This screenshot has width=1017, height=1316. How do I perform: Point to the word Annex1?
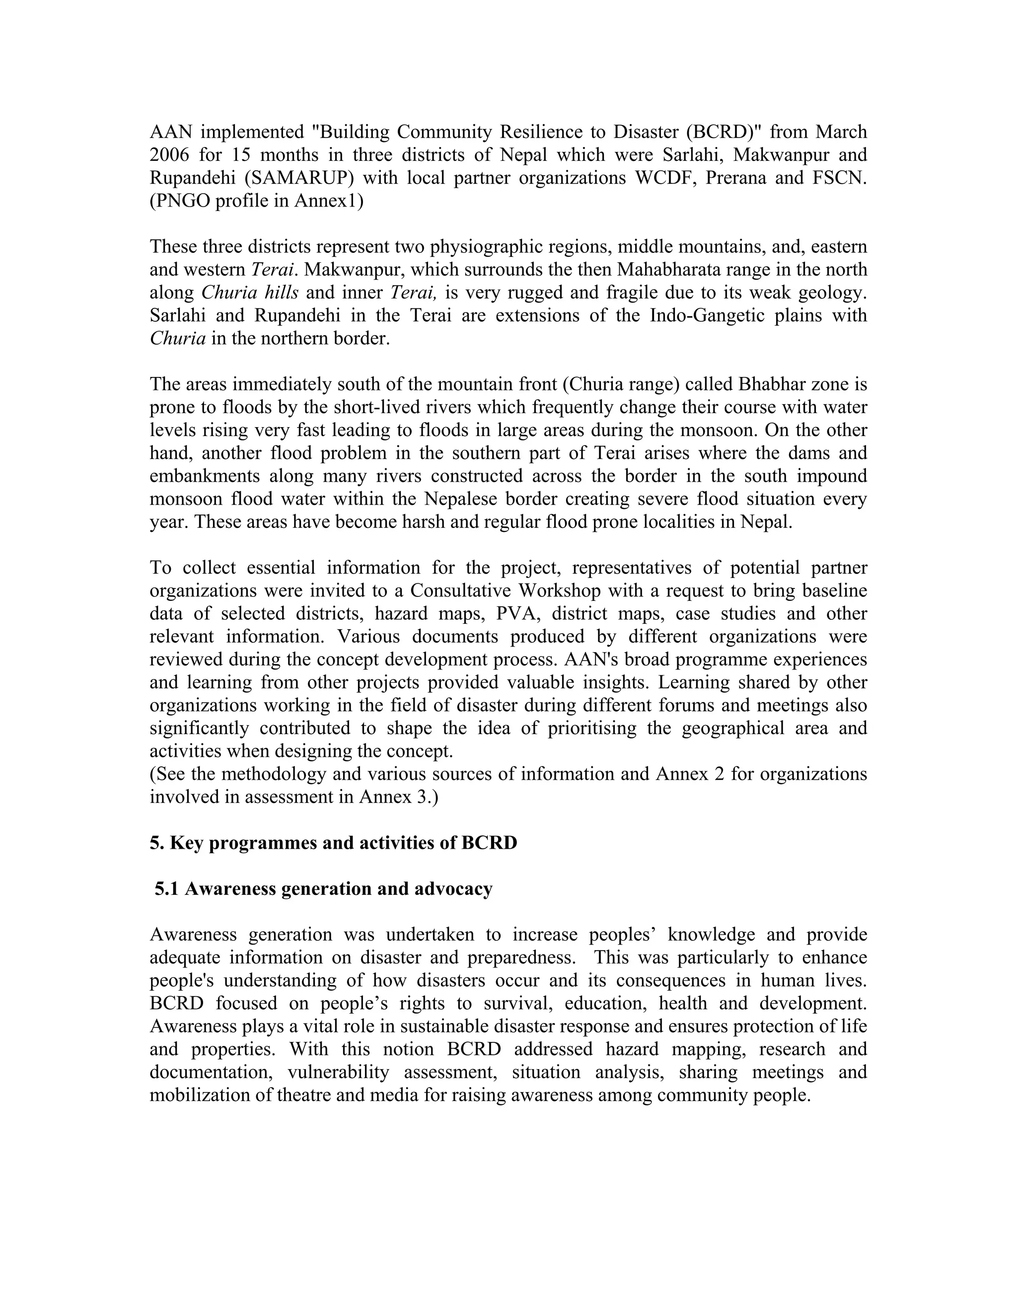tap(326, 201)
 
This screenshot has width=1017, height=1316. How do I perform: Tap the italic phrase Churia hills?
tap(249, 293)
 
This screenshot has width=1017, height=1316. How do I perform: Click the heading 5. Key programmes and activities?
tap(333, 842)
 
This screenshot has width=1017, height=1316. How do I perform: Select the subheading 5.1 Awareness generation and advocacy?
tap(324, 888)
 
